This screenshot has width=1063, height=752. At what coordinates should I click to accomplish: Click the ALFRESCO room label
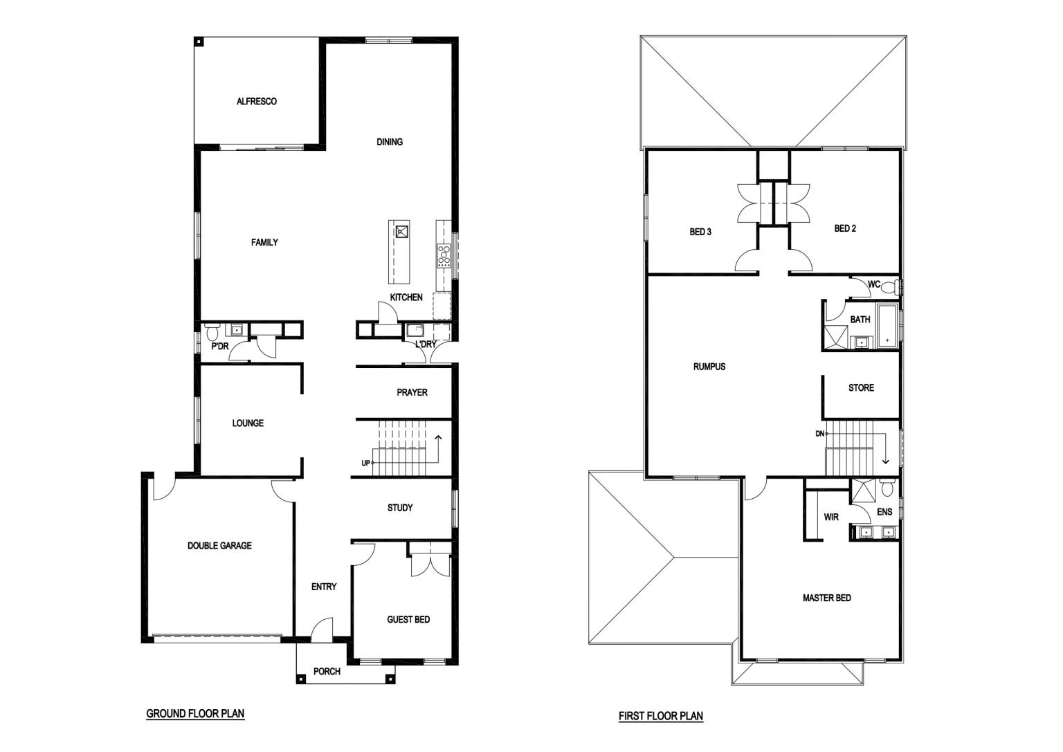point(256,101)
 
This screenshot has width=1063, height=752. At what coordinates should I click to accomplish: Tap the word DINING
point(390,142)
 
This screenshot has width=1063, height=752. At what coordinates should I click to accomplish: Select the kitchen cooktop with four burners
point(444,256)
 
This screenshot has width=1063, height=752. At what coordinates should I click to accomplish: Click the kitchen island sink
point(402,232)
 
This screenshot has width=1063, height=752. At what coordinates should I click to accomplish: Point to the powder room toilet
point(212,331)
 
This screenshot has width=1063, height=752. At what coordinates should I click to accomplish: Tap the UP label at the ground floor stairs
point(366,463)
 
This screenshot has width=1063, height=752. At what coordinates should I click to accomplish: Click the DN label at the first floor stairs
point(820,434)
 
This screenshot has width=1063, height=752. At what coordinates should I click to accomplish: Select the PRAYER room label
point(412,392)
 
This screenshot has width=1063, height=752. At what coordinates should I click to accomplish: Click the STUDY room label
point(400,508)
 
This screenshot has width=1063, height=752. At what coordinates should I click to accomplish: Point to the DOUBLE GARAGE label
point(219,546)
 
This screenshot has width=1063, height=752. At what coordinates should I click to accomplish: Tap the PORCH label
point(327,671)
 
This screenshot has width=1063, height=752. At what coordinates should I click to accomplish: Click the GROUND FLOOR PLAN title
point(195,713)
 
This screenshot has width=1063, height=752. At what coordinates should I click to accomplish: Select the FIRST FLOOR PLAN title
point(661,716)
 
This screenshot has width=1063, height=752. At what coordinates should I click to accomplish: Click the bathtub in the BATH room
point(888,327)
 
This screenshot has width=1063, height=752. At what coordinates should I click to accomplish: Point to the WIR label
point(831,517)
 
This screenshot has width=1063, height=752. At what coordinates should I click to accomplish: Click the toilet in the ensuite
point(887,488)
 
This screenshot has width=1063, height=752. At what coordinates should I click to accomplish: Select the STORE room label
point(862,387)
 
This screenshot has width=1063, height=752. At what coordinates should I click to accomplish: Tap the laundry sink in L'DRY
point(415,329)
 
